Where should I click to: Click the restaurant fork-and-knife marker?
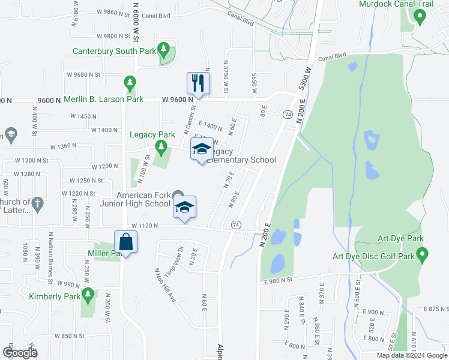[x=199, y=83]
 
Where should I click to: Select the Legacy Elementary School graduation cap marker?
[x=202, y=149]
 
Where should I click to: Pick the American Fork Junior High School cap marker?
[x=185, y=208]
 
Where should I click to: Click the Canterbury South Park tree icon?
[x=163, y=49]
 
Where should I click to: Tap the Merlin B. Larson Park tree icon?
[x=129, y=82]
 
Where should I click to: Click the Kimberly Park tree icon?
[x=88, y=295]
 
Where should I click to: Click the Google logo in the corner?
[x=20, y=353]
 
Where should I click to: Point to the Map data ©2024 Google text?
[x=412, y=355]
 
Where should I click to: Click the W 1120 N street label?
[x=144, y=226]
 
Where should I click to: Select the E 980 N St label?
[x=277, y=280]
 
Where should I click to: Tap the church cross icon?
[x=37, y=203]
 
